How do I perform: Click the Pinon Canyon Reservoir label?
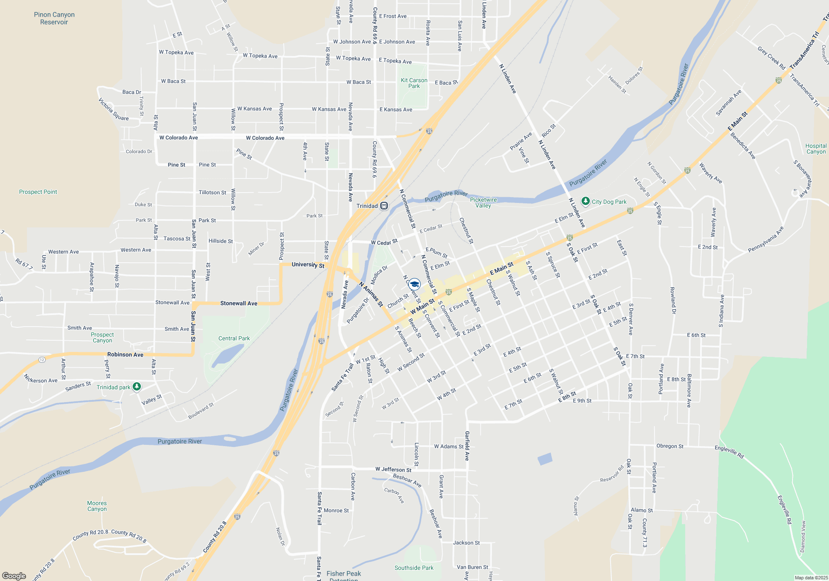[x=54, y=18]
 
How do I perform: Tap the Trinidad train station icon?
[x=384, y=206]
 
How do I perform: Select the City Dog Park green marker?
[x=585, y=201]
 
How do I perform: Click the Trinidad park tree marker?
[x=136, y=387]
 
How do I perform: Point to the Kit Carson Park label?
[x=414, y=83]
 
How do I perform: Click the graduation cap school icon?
[x=414, y=284]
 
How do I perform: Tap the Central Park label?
[x=234, y=338]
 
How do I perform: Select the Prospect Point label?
[x=38, y=192]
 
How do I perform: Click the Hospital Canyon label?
[x=816, y=149]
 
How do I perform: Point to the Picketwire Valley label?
[x=483, y=203]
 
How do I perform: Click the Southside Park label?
[x=414, y=568]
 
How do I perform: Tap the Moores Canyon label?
[x=97, y=506]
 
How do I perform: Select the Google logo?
[x=14, y=576]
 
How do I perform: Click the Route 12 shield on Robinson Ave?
[x=42, y=360]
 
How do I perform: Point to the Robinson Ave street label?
[x=125, y=354]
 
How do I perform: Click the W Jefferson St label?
[x=393, y=469]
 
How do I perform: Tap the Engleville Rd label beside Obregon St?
[x=729, y=452]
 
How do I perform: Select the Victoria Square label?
[x=113, y=109]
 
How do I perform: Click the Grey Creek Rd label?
[x=771, y=58]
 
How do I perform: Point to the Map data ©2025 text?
[x=811, y=578]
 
